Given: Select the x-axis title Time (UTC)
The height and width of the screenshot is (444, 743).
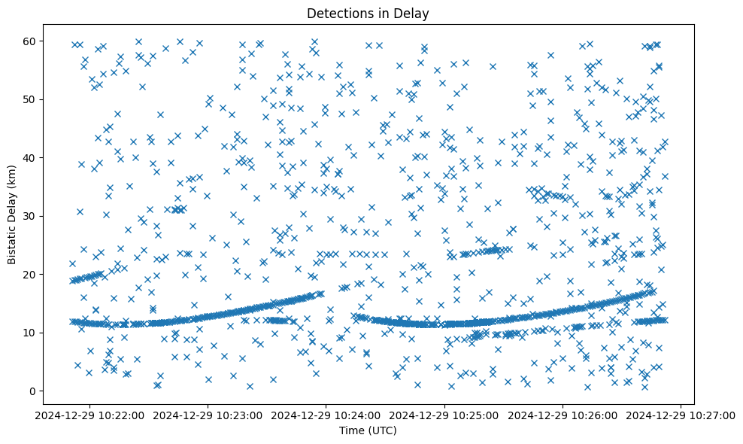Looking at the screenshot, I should [368, 430].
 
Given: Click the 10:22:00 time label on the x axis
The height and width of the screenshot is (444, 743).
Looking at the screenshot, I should [89, 415].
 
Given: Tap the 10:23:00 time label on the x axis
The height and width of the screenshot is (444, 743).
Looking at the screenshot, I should [208, 415].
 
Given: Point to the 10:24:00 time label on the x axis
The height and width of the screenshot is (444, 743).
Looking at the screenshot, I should [326, 415].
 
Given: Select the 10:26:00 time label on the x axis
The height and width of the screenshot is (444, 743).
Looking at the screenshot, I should [563, 415].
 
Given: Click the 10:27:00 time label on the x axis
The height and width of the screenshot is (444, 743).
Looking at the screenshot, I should [681, 415].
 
